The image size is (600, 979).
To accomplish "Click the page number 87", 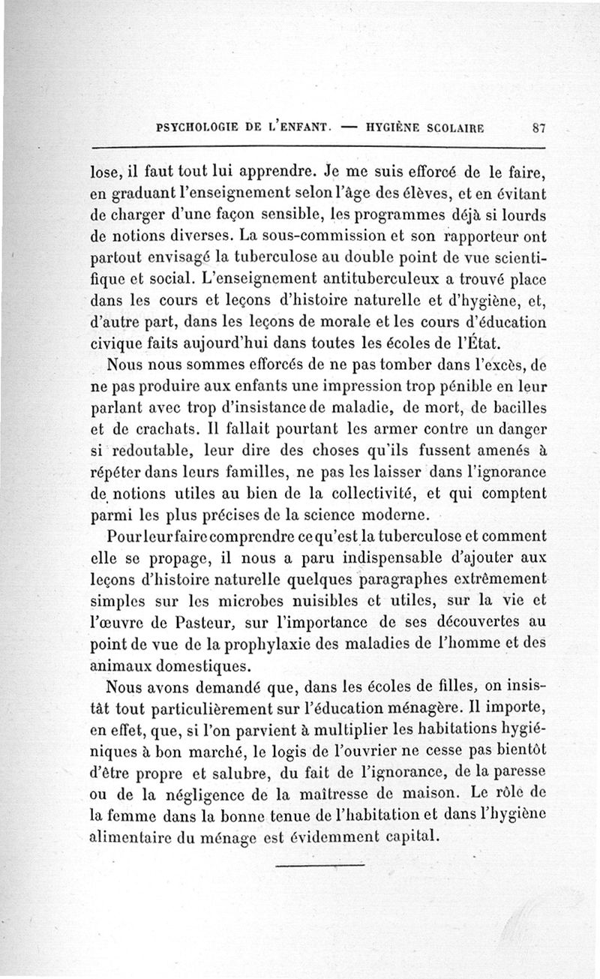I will [537, 128].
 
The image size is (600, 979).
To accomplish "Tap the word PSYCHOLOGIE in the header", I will [198, 128].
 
